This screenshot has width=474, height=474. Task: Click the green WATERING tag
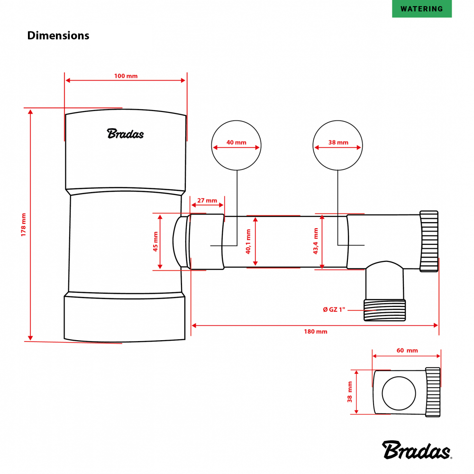click(422, 9)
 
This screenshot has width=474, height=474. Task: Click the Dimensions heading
click(58, 36)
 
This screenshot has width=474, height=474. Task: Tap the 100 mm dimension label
click(126, 76)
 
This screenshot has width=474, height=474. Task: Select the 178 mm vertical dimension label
click(24, 224)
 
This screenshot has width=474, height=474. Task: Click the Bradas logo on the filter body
click(125, 134)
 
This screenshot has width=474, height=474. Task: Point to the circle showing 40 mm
click(236, 145)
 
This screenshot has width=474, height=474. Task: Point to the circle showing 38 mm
click(337, 145)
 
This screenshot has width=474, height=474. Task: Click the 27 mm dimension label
click(207, 200)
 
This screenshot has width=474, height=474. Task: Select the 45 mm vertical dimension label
click(155, 242)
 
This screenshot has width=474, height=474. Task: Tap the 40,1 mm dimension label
click(248, 242)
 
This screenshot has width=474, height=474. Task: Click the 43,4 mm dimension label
click(315, 242)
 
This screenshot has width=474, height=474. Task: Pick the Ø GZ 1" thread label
click(336, 309)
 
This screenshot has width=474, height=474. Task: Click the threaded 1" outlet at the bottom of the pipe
click(384, 310)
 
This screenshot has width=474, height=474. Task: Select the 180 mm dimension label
click(315, 332)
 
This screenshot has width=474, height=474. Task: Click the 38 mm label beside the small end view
click(350, 392)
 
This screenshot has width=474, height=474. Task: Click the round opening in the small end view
click(400, 393)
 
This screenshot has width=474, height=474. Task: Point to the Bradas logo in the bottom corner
click(417, 450)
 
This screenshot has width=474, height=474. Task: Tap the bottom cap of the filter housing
click(125, 317)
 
